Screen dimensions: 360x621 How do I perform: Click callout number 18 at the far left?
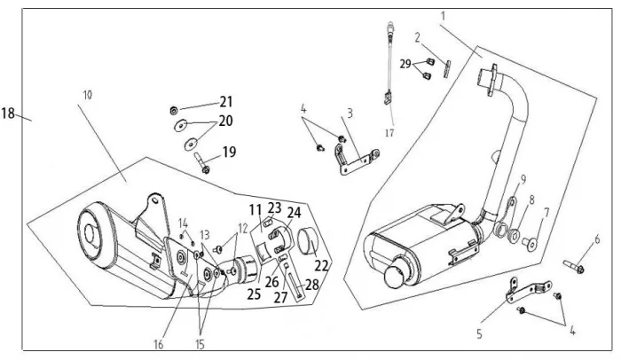coord(10,113)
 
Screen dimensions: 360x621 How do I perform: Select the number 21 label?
coord(226,101)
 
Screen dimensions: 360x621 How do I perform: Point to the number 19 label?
coord(230,152)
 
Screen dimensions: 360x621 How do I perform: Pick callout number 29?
coord(405,65)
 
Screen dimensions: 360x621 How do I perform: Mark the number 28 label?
coord(311,283)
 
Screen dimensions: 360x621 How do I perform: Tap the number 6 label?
coord(597,239)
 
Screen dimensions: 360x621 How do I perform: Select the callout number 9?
coord(523,179)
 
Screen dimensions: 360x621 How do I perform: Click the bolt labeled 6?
coord(573,263)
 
